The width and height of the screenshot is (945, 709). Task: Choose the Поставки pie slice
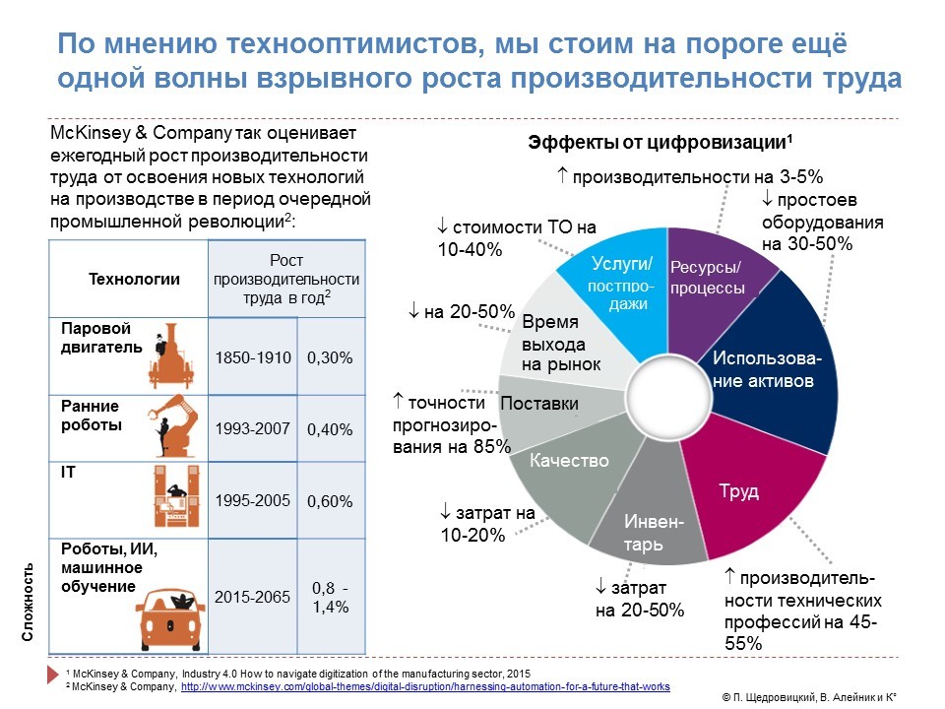point(541,404)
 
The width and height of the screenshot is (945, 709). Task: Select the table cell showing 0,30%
point(331,357)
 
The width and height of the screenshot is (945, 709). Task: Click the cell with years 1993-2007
point(253,428)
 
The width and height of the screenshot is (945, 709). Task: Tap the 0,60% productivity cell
point(331,501)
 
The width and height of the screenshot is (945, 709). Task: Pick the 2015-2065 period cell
point(253,597)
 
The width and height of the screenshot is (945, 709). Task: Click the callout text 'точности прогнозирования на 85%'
point(451,424)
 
